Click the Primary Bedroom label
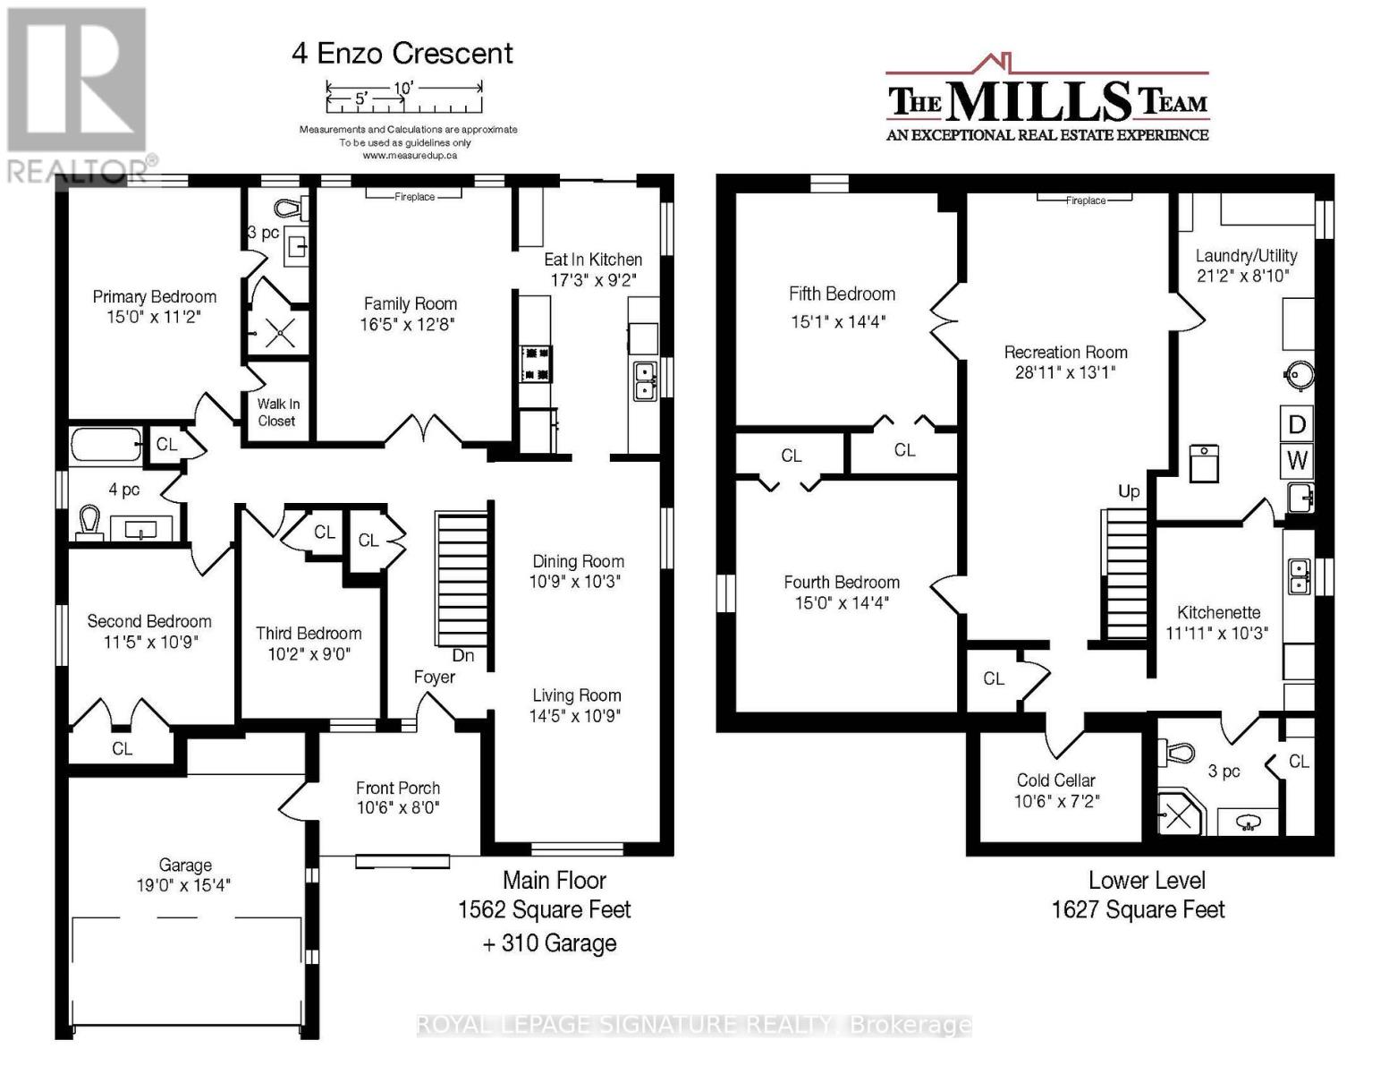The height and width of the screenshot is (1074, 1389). point(154,297)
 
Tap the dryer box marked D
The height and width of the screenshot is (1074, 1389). point(1296,423)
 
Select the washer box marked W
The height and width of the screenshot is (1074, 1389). point(1296,461)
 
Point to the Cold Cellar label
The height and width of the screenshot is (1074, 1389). point(1056,780)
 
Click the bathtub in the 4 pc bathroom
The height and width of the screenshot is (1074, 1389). point(106,444)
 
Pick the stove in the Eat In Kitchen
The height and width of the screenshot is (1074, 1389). point(536,364)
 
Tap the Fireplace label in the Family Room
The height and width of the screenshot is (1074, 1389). point(414,196)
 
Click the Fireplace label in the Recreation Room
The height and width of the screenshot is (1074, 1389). point(1086,200)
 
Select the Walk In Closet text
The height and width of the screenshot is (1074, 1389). point(277,413)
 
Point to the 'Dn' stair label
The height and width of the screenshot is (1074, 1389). point(462,656)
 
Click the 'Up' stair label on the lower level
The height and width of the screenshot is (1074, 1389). point(1129,491)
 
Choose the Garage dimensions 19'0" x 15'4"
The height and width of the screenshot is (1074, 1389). point(183,885)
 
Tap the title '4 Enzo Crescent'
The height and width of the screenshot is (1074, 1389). point(402,53)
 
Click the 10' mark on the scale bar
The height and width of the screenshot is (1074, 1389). point(404,87)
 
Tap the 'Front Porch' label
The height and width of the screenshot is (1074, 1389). point(398,788)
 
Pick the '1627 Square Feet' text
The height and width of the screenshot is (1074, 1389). point(1138,909)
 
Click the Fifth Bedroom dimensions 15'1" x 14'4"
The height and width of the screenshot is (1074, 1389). point(838,321)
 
